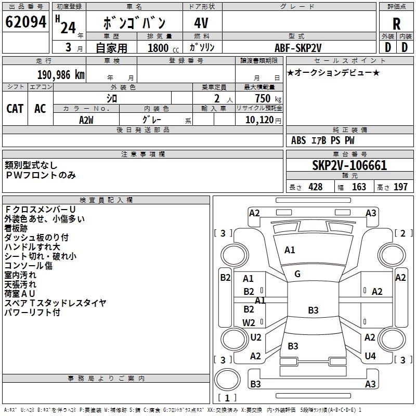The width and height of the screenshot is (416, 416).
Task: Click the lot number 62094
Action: tap(25, 22)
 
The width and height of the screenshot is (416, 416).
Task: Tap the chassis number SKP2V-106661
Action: tap(349, 166)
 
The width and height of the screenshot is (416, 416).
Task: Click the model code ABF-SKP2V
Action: tap(298, 47)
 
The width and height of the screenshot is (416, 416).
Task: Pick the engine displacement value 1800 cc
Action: tap(158, 48)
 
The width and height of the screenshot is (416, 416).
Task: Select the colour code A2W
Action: tap(86, 120)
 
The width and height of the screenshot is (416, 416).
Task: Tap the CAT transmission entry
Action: tap(15, 108)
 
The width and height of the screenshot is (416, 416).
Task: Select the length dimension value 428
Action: tap(315, 187)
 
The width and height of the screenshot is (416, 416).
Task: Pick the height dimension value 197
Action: tap(400, 187)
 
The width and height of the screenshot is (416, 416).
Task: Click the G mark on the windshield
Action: tap(297, 274)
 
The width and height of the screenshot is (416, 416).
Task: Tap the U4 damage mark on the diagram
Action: tap(370, 356)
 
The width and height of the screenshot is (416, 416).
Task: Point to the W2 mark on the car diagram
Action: tap(249, 322)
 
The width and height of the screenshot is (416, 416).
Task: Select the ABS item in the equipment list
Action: tap(298, 140)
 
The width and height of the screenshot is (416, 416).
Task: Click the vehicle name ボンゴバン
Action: tap(134, 23)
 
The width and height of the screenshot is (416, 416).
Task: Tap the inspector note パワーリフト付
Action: tap(32, 313)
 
